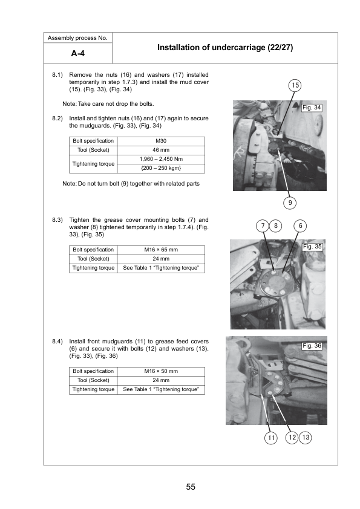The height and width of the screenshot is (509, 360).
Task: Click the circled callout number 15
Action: (x=295, y=85)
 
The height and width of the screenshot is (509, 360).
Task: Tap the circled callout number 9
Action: (x=290, y=203)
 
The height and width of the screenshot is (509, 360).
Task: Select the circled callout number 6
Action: (x=300, y=225)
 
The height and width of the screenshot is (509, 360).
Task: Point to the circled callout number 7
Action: (x=263, y=225)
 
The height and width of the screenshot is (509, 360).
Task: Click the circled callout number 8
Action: (x=275, y=225)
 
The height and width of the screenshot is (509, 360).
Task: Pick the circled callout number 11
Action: (x=271, y=438)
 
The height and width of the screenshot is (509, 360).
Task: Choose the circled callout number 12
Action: (x=292, y=438)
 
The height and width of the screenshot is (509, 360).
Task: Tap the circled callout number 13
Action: (x=306, y=438)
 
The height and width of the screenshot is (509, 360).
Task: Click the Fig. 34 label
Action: (x=312, y=108)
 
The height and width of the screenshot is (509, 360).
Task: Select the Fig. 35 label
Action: (x=312, y=247)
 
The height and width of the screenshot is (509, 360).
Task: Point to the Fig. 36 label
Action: (x=312, y=346)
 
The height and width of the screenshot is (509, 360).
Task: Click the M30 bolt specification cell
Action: (x=161, y=141)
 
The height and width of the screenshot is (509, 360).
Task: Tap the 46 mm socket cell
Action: (x=161, y=150)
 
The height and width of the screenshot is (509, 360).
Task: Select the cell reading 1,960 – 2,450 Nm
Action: (x=161, y=159)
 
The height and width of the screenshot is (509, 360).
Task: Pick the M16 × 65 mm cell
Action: (x=161, y=250)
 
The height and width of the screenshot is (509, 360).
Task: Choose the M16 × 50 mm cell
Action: (x=161, y=371)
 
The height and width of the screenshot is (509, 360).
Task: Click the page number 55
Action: (x=191, y=487)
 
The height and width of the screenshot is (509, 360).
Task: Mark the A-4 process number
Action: (x=77, y=53)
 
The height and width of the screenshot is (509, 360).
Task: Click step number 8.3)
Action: (x=57, y=220)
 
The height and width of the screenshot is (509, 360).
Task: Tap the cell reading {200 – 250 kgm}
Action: (x=161, y=168)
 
